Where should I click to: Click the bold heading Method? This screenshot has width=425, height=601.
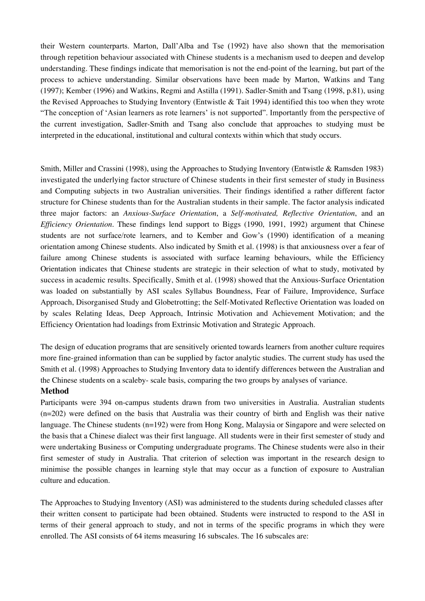[x=55, y=391]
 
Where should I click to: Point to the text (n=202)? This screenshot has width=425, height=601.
[x=53, y=414]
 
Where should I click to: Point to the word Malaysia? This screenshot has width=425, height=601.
[x=276, y=425]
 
